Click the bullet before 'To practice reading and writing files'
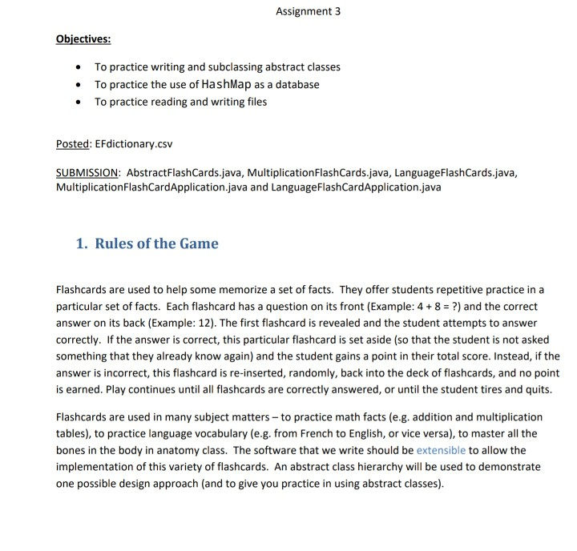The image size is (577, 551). pos(76,102)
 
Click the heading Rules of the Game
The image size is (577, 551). pos(156,243)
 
